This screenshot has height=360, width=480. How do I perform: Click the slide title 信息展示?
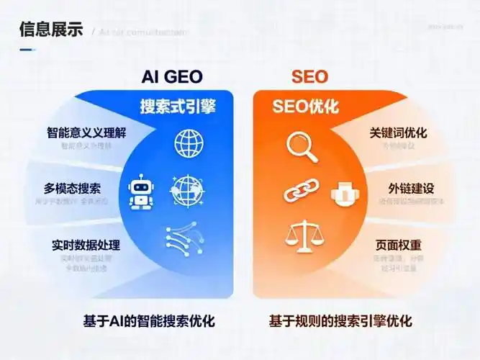click(50, 30)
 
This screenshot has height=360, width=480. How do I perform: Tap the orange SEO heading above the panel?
click(309, 77)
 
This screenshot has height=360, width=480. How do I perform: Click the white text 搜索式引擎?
click(178, 107)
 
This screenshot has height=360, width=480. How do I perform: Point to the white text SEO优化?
click(306, 107)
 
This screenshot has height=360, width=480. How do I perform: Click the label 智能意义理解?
click(86, 133)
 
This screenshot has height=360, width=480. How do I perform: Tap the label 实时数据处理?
click(86, 245)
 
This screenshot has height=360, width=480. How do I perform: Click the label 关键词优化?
click(399, 133)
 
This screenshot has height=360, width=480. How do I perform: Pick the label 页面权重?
click(399, 245)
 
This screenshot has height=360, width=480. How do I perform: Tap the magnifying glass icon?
click(301, 145)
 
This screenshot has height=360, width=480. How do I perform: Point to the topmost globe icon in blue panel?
click(189, 143)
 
